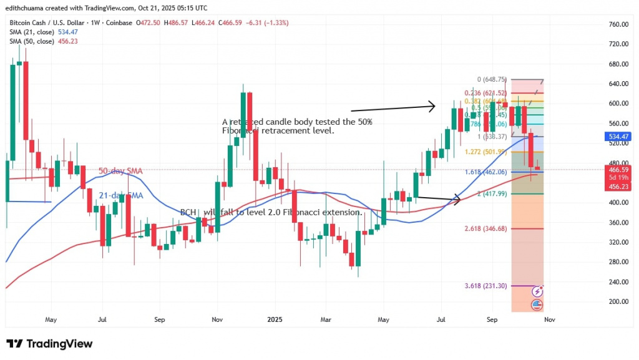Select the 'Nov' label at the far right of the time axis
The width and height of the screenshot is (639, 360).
pos(549,319)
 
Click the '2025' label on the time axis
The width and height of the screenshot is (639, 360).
pos(275,319)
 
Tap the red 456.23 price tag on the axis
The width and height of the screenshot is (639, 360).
pos(618,185)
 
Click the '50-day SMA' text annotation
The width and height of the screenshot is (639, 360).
pos(121,170)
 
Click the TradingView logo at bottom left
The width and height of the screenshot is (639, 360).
pos(49,344)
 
